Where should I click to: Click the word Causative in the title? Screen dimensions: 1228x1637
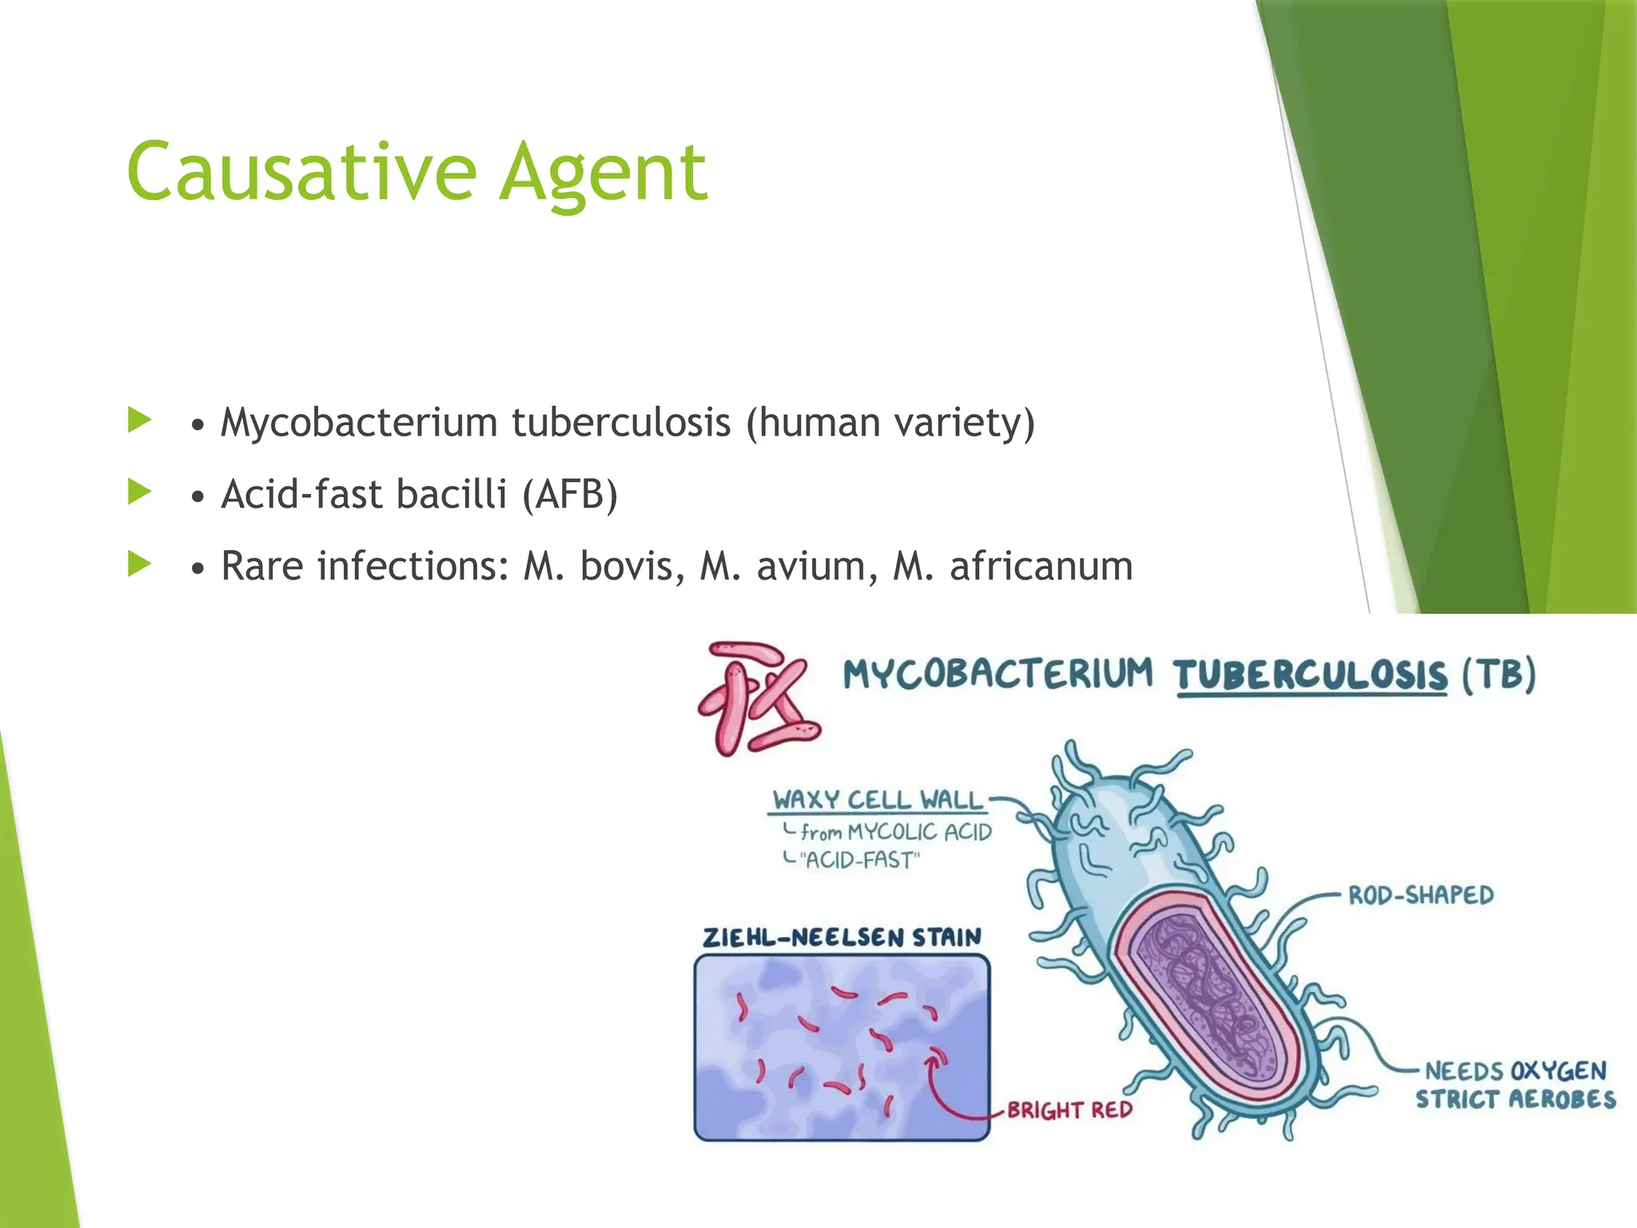[301, 172]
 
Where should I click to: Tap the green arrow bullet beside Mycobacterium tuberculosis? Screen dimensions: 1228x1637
[139, 420]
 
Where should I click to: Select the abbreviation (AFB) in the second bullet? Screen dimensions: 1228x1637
[570, 494]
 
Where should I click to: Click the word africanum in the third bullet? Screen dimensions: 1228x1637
[1041, 566]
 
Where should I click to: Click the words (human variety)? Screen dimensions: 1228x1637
[890, 422]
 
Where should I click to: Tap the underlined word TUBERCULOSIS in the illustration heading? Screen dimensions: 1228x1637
[1310, 676]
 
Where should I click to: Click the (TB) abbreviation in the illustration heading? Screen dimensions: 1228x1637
[1499, 674]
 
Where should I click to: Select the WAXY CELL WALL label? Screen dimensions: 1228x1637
[877, 799]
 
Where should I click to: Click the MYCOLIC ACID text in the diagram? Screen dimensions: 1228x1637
[919, 832]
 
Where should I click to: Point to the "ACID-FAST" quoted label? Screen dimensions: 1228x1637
[860, 860]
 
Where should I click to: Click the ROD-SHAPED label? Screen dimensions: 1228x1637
[1420, 895]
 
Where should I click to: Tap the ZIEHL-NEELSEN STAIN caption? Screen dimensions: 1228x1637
[841, 937]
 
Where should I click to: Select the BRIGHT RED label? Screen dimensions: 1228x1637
[1069, 1110]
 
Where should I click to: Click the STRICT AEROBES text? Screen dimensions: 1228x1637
[1515, 1099]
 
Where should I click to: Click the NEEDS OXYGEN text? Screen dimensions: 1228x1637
[1515, 1071]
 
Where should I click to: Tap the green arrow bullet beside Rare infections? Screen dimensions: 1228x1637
[139, 564]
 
